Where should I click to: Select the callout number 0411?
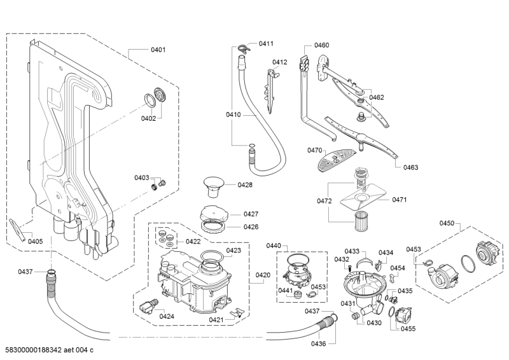click(266, 44)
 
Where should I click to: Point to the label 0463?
click(410, 167)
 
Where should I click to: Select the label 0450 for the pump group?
click(447, 223)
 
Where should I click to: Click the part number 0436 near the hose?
click(319, 343)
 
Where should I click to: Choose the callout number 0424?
click(167, 316)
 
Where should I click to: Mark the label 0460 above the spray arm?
click(322, 45)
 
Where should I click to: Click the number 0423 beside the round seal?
click(234, 251)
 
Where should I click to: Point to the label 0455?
click(408, 328)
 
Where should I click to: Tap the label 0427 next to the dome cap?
click(234, 214)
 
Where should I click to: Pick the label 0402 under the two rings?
click(148, 118)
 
